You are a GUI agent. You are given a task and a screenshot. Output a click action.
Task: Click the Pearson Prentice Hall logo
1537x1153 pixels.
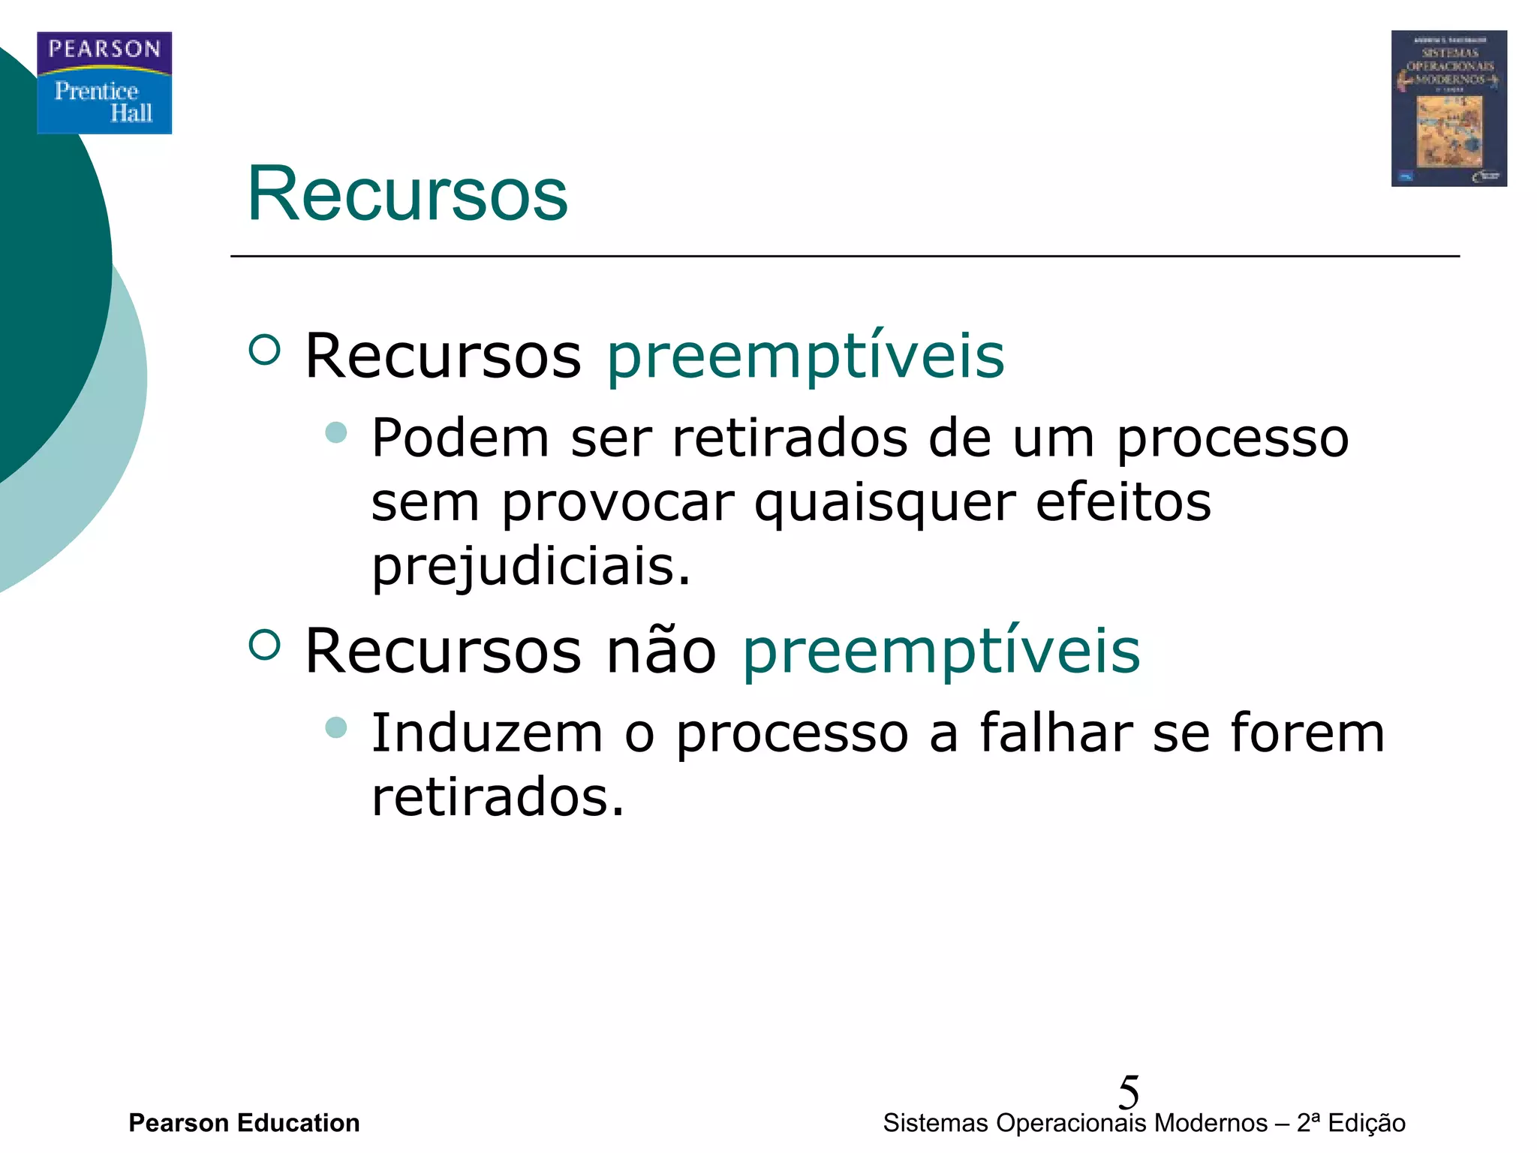[x=104, y=83]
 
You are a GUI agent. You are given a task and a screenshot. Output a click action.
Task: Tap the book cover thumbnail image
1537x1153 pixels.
[x=1448, y=109]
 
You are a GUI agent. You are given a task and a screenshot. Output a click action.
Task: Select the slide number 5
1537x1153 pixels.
[x=1128, y=1091]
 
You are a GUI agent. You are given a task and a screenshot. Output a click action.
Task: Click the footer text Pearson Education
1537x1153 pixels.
[x=244, y=1123]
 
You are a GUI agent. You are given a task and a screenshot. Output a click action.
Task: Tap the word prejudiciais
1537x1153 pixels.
[x=531, y=567]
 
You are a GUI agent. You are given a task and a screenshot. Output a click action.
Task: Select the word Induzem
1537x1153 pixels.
[x=487, y=733]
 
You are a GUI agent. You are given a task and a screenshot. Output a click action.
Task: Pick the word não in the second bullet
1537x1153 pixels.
[x=661, y=651]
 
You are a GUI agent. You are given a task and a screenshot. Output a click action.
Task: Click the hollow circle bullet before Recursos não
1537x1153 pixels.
[x=264, y=644]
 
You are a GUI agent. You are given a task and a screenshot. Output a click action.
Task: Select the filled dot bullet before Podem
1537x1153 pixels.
[x=336, y=432]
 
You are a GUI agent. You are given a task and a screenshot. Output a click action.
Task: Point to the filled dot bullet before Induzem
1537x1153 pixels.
[x=336, y=727]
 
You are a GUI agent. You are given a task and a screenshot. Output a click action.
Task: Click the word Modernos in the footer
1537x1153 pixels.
[x=1211, y=1123]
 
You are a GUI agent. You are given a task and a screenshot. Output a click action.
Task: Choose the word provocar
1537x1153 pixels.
[x=618, y=503]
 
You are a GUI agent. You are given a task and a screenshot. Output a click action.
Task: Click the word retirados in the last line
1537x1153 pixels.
[x=498, y=797]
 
